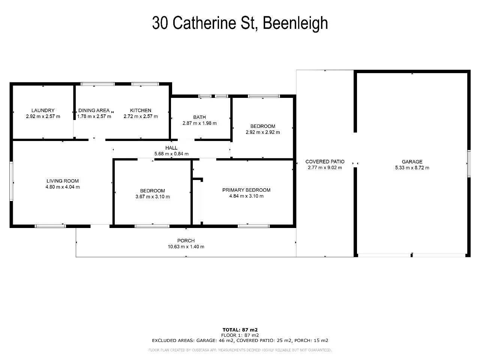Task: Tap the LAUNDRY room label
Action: [x=43, y=110]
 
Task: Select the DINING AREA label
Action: [x=94, y=110]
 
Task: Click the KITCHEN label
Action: [x=141, y=110]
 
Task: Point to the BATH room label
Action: [x=199, y=117]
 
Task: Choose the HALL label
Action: [x=171, y=148]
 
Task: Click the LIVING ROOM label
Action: [x=63, y=181]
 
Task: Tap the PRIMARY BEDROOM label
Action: [x=246, y=190]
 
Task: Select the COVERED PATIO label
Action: [x=325, y=162]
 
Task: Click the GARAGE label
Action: [x=412, y=162]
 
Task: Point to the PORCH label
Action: [x=186, y=241]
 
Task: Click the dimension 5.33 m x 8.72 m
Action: [x=412, y=168]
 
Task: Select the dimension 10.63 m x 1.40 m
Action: [x=186, y=247]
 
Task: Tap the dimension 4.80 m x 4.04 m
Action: [x=63, y=187]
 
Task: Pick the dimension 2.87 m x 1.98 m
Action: [x=199, y=123]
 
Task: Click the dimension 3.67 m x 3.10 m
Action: [x=153, y=197]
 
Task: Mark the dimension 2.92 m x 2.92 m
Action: [x=263, y=132]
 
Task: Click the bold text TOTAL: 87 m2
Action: [x=240, y=330]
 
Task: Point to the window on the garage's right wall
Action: [x=469, y=164]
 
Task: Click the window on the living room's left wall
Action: [x=11, y=181]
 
